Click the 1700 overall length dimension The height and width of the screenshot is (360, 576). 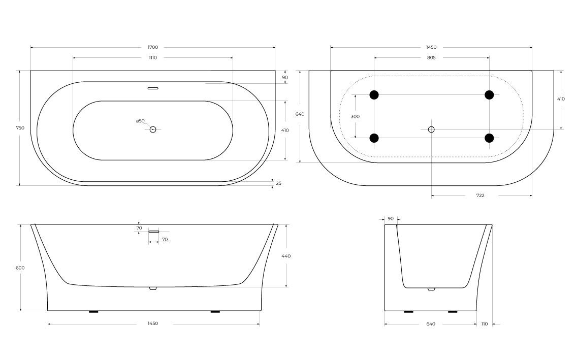(153, 47)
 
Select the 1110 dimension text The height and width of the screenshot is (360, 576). (153, 57)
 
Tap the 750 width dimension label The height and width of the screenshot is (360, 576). (20, 128)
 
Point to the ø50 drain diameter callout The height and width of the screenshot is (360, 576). (140, 121)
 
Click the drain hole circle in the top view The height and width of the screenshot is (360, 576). (153, 129)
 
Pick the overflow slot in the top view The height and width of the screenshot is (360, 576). (153, 88)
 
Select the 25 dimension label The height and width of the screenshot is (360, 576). (279, 183)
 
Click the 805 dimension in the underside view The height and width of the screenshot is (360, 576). (431, 57)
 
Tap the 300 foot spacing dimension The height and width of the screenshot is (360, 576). (355, 116)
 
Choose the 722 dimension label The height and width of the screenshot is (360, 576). (481, 195)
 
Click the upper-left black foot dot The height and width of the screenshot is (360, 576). (374, 94)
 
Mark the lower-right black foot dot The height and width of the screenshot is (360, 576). (489, 138)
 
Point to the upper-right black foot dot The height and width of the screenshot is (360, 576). (489, 94)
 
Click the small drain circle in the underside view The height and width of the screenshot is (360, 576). (431, 129)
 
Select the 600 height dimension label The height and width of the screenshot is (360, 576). (20, 268)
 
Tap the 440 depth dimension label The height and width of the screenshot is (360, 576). (285, 256)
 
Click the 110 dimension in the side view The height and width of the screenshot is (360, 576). (484, 323)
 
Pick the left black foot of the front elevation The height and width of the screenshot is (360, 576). (93, 311)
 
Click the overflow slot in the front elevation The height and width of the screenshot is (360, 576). (154, 231)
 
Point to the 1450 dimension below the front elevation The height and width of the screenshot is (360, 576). (153, 323)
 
